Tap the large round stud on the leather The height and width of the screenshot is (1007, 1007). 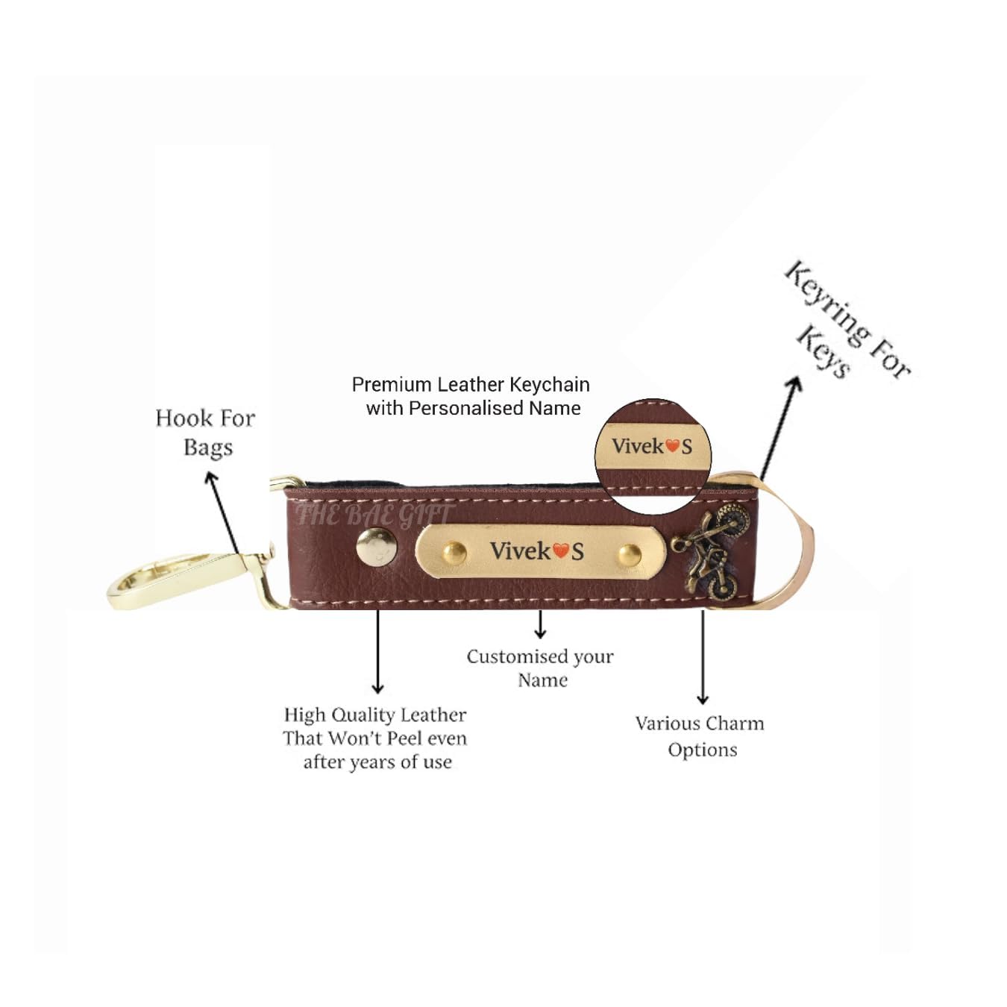pos(376,546)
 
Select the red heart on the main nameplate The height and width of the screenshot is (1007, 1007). pos(561,551)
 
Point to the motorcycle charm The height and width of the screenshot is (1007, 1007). pos(709,551)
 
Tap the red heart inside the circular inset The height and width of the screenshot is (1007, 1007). pos(672,446)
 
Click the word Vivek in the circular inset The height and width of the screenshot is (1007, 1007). pos(638,446)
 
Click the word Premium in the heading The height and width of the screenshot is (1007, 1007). pos(392,385)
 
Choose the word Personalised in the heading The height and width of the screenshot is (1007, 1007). pos(466,409)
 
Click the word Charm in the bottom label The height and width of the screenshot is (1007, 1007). pos(735,724)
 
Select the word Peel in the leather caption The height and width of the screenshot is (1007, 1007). pos(405,738)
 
